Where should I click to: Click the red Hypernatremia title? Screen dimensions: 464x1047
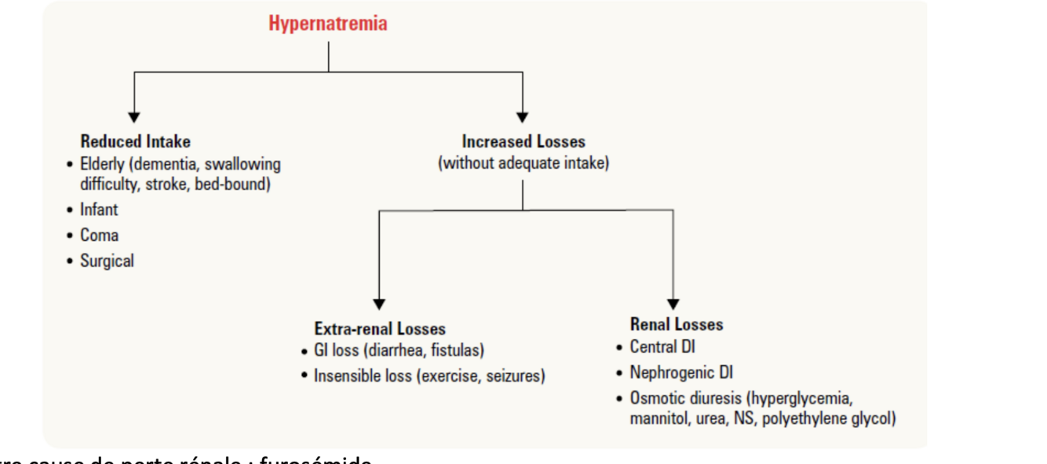pos(328,24)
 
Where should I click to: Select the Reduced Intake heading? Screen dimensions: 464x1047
pos(135,142)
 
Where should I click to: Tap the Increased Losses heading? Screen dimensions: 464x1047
pos(523,142)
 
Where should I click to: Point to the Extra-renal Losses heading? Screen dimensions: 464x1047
pos(380,329)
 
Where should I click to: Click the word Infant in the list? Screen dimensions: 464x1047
pos(99,210)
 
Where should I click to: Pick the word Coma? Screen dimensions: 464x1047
pos(99,235)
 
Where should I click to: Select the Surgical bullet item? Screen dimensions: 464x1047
pos(107,261)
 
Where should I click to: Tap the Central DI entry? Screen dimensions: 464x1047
pos(662,347)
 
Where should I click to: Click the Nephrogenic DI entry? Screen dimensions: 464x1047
pos(681,372)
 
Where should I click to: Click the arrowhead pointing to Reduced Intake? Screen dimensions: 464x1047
pos(134,117)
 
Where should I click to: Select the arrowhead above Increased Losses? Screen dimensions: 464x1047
pos(523,117)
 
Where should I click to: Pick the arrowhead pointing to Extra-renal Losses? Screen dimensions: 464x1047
pos(379,304)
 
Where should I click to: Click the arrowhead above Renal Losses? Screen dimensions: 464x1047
pos(673,304)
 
